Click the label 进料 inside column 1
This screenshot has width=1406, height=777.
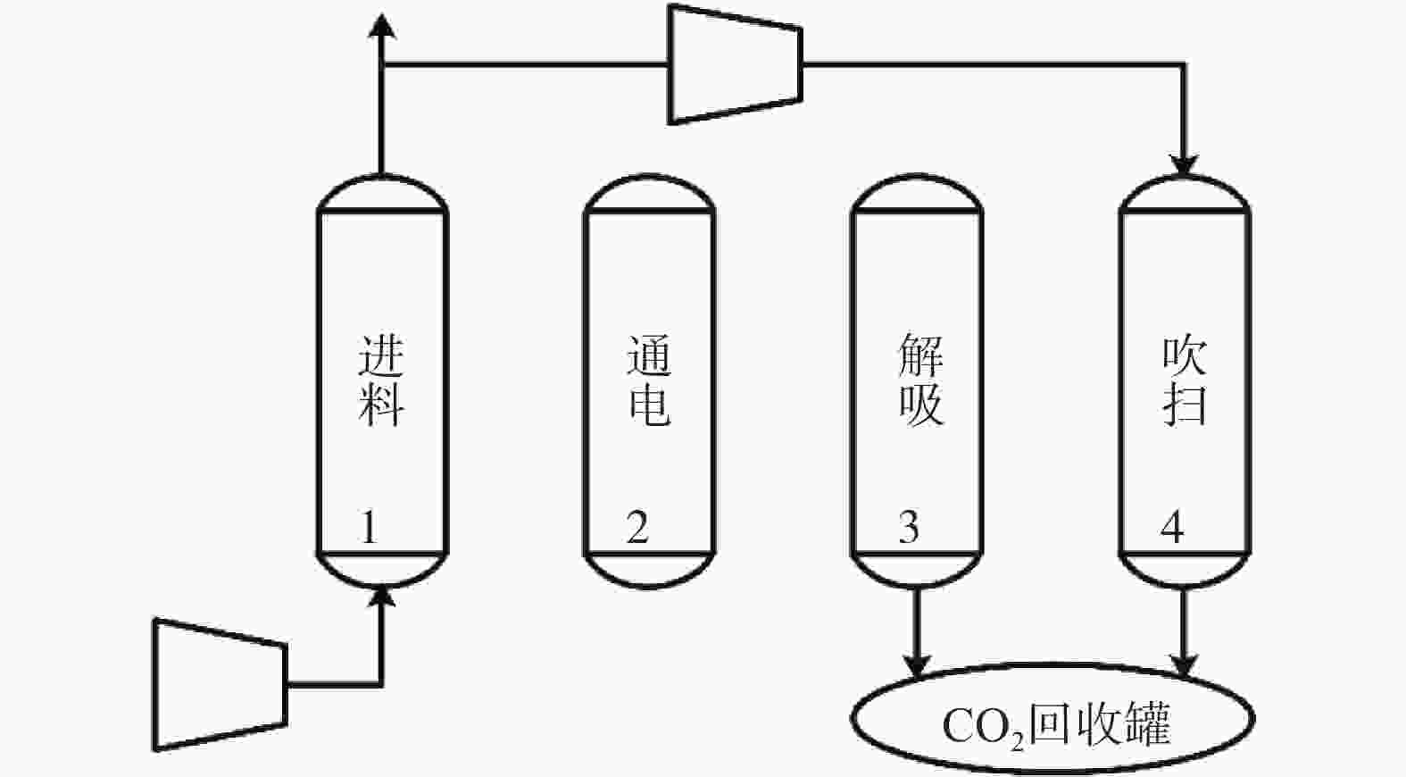click(381, 380)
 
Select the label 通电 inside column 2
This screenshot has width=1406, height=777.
click(649, 380)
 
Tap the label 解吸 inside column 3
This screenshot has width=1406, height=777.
click(920, 380)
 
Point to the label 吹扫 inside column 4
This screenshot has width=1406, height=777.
click(1185, 380)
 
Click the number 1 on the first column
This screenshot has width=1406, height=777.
click(369, 528)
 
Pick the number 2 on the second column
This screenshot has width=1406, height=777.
click(637, 528)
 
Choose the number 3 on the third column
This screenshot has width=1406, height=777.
click(909, 528)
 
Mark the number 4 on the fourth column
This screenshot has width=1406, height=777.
click(1172, 528)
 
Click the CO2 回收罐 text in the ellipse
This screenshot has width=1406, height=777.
click(1056, 726)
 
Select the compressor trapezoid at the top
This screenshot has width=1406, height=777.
click(736, 64)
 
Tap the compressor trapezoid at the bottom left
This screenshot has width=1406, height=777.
click(220, 685)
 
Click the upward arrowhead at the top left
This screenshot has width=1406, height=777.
click(382, 28)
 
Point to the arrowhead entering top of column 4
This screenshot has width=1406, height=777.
click(1184, 164)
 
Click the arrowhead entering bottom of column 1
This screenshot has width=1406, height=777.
click(382, 597)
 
